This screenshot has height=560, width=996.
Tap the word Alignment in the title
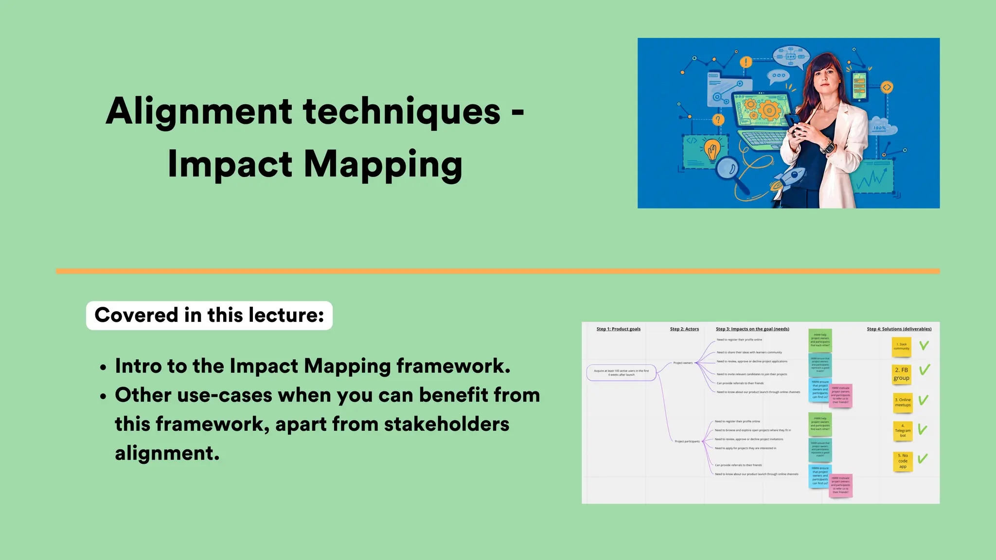pyautogui.click(x=198, y=111)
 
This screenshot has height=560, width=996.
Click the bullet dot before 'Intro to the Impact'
pyautogui.click(x=103, y=368)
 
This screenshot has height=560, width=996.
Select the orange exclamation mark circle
pyautogui.click(x=746, y=62)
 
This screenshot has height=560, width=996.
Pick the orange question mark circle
pyautogui.click(x=718, y=120)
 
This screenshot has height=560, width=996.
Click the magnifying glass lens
pyautogui.click(x=728, y=169)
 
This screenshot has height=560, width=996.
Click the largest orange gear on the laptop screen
pyautogui.click(x=769, y=110)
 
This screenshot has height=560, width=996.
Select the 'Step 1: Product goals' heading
pyautogui.click(x=618, y=329)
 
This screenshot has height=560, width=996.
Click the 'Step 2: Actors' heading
pyautogui.click(x=684, y=329)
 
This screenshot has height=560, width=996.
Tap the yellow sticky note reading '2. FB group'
pyautogui.click(x=901, y=374)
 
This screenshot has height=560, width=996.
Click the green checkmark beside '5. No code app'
pyautogui.click(x=923, y=458)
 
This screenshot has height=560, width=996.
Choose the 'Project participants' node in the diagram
pyautogui.click(x=687, y=441)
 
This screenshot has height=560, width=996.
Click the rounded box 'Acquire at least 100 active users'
pyautogui.click(x=621, y=373)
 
